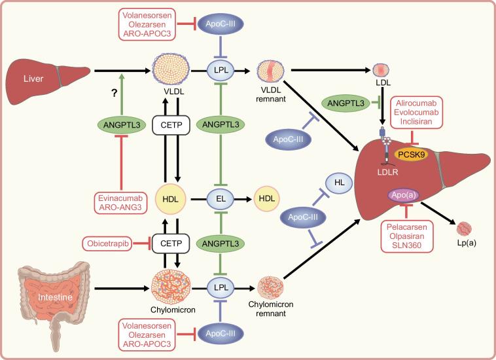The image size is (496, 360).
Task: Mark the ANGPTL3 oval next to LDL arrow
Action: pos(345,103)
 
